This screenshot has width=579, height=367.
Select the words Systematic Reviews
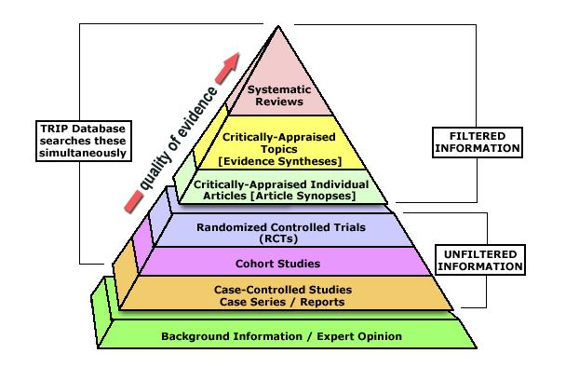point(279,95)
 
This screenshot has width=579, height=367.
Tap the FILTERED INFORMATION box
point(478,141)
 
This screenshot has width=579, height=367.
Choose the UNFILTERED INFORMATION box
point(478,258)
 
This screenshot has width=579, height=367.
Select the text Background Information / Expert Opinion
point(281,335)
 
